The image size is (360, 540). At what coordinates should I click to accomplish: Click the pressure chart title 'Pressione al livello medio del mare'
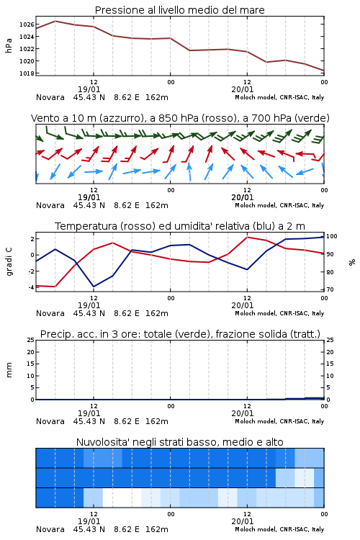[x=179, y=10]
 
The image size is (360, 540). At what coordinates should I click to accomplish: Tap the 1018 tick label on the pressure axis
[x=27, y=73]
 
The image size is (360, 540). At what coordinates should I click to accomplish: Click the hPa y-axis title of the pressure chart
[x=9, y=45]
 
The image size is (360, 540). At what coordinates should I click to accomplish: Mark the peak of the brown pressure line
[x=55, y=21]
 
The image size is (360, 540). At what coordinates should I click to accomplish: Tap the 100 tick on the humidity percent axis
[x=332, y=236]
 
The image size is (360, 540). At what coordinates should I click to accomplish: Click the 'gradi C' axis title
[x=9, y=262]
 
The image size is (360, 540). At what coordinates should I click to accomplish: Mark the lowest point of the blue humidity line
[x=94, y=287]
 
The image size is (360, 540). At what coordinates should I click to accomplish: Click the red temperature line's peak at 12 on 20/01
[x=247, y=237]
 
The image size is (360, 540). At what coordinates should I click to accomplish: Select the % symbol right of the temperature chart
[x=352, y=262]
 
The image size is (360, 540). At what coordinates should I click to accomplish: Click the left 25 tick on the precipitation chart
[x=31, y=340]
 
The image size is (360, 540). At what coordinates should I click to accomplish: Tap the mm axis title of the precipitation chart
[x=9, y=370]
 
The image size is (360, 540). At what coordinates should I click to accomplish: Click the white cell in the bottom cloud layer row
[x=122, y=498]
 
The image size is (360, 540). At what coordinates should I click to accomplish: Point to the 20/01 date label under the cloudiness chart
[x=243, y=521]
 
